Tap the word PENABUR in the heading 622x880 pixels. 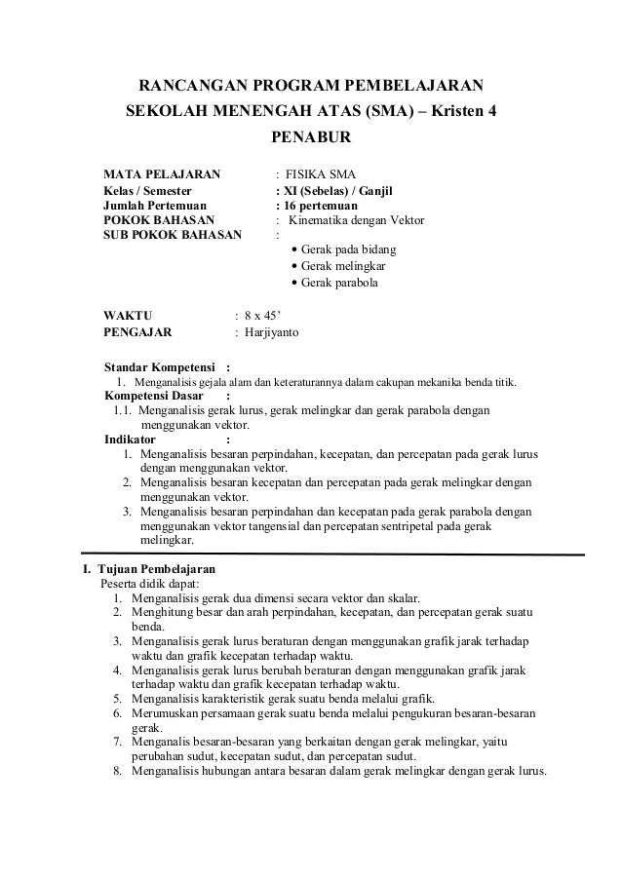pyautogui.click(x=310, y=142)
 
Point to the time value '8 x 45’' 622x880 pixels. pyautogui.click(x=262, y=316)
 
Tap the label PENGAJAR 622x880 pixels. pyautogui.click(x=137, y=332)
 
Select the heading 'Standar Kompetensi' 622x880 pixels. pyautogui.click(x=160, y=366)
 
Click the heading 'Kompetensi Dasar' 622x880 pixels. pyautogui.click(x=154, y=396)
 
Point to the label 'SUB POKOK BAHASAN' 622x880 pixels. pyautogui.click(x=173, y=236)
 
